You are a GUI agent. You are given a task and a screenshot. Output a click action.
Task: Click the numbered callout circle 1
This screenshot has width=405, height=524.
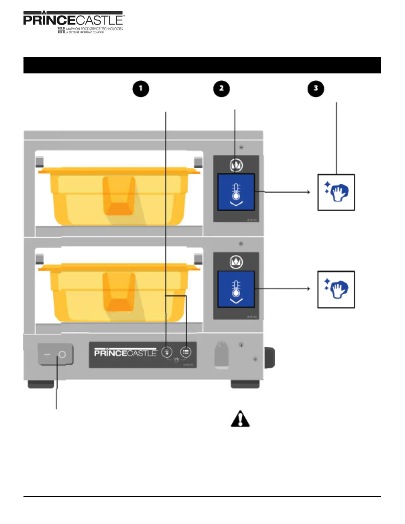[141, 89]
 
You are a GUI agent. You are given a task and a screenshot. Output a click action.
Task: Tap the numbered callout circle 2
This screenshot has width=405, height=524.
[221, 89]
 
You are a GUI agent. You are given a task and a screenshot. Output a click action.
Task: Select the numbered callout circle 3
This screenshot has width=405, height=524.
[316, 89]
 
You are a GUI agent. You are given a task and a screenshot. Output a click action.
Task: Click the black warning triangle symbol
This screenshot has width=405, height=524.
[240, 419]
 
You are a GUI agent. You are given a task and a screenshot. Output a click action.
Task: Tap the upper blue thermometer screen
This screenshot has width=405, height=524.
[236, 192]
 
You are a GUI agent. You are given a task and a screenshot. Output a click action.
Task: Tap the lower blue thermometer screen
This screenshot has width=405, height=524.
[236, 289]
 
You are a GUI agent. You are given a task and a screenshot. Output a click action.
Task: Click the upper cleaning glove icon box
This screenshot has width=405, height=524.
[336, 192]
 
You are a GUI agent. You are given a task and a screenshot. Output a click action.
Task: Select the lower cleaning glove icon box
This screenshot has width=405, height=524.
[336, 289]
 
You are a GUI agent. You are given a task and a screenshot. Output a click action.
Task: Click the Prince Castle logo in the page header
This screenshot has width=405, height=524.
[73, 22]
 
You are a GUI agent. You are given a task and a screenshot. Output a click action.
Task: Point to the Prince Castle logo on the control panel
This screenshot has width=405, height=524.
[125, 353]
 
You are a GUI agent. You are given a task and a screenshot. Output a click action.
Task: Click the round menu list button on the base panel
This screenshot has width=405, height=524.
[186, 352]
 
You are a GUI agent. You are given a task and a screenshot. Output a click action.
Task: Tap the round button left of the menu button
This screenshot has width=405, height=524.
[167, 352]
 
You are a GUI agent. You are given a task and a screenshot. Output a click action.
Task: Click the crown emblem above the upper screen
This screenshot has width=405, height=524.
[236, 165]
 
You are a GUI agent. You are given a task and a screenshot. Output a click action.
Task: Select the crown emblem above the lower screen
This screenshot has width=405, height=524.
[236, 262]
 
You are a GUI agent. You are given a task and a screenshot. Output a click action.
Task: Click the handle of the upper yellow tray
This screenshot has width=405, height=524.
[119, 195]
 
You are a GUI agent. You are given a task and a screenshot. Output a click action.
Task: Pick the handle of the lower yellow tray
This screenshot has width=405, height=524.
[119, 292]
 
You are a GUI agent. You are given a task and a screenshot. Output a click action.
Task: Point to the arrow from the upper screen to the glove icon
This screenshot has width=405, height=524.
[283, 192]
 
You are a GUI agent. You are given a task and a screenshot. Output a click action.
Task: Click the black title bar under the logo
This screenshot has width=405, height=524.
[202, 65]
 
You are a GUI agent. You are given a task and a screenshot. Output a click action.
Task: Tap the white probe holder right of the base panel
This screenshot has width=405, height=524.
[222, 355]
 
